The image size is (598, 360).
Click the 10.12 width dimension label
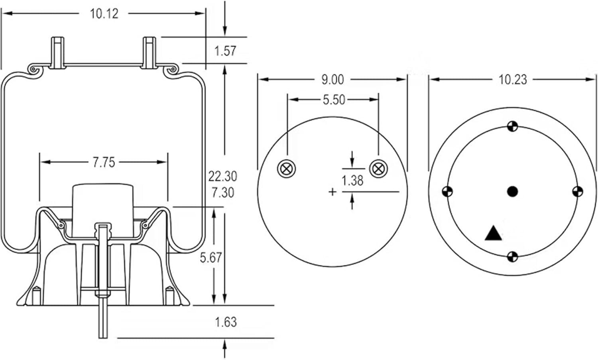click(x=104, y=14)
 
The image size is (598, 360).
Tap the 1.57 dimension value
click(x=225, y=51)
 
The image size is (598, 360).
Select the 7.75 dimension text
click(x=104, y=162)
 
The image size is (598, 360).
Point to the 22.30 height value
click(x=222, y=176)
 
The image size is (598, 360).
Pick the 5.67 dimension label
click(x=210, y=258)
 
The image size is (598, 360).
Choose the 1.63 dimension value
click(x=226, y=322)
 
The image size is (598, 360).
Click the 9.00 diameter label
click(x=332, y=80)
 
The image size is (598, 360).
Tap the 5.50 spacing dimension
click(x=334, y=100)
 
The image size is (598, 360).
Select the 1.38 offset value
click(x=352, y=181)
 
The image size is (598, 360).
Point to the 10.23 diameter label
click(x=513, y=80)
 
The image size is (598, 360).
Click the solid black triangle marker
click(x=494, y=233)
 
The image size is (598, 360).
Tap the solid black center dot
click(x=512, y=192)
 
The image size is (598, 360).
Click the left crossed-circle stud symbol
click(x=286, y=169)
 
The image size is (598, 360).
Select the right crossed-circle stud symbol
click(x=378, y=169)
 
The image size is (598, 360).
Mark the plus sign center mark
click(x=332, y=192)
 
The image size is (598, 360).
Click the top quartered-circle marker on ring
click(x=512, y=126)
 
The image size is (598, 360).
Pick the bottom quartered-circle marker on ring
click(x=513, y=257)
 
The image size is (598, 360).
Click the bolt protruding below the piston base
click(x=103, y=319)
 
